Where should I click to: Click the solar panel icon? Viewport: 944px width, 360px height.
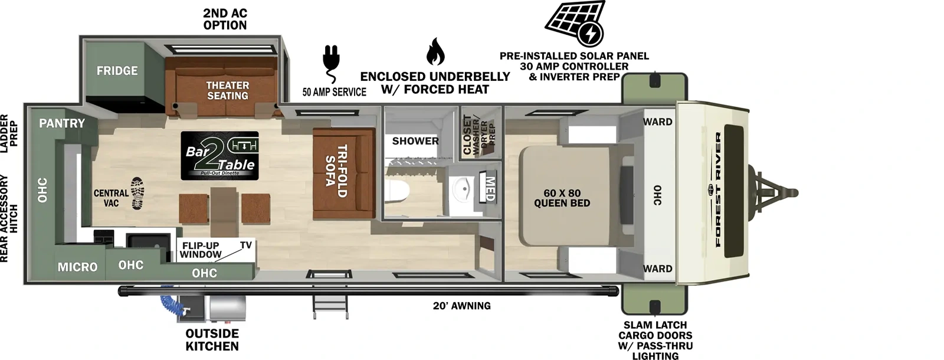tap(575, 24)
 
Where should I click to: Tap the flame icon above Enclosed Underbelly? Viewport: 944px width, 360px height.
tap(435, 52)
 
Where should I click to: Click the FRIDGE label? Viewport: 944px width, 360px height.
tap(117, 71)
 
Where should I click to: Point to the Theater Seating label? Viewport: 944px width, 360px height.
tap(227, 90)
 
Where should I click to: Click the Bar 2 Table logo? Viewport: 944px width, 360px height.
tap(219, 155)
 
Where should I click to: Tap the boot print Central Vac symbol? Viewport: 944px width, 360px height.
tap(137, 193)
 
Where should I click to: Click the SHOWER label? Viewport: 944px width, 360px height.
tap(415, 141)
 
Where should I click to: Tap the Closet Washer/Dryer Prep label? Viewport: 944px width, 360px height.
tap(479, 134)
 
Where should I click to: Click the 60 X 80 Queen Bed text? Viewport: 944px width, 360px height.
tap(562, 198)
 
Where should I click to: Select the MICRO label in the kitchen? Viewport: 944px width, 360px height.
tap(77, 267)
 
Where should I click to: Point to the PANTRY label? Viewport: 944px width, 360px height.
tap(61, 123)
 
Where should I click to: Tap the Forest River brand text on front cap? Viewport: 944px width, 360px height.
tap(718, 189)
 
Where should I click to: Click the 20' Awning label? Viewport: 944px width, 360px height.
tap(461, 306)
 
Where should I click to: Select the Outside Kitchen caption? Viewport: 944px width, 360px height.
tap(212, 340)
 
